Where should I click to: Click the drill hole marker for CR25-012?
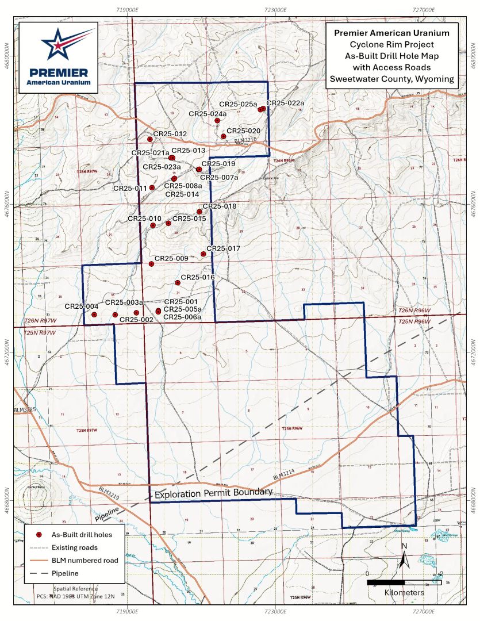tap(149, 139)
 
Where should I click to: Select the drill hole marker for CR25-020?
tap(224, 136)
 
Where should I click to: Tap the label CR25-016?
tap(198, 277)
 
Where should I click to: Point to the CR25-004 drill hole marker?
tap(94, 315)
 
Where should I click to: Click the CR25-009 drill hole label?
tap(171, 259)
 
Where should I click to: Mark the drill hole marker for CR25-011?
tap(152, 187)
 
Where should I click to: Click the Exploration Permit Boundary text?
tap(213, 493)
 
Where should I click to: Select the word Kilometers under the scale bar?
tap(405, 592)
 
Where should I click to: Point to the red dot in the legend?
tap(39, 535)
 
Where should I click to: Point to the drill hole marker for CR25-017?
tap(203, 254)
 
